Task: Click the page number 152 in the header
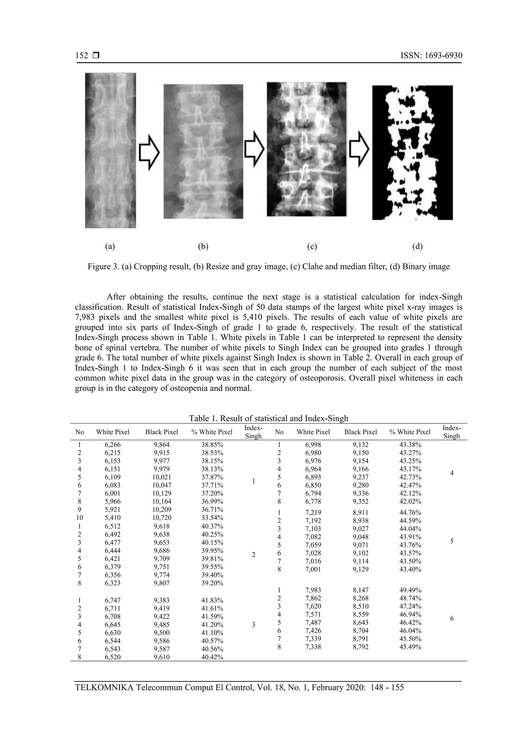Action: point(82,56)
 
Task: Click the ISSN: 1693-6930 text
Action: point(431,56)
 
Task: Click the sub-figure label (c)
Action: point(312,246)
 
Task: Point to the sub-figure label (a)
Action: point(110,246)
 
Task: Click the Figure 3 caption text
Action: point(268,267)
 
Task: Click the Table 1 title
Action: point(268,418)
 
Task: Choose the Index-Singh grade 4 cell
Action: point(452,473)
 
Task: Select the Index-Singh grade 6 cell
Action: point(452,619)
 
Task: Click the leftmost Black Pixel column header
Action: point(162,432)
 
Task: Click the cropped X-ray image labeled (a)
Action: point(110,150)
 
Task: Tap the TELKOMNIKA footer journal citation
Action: point(239,687)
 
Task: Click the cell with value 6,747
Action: point(113,601)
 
